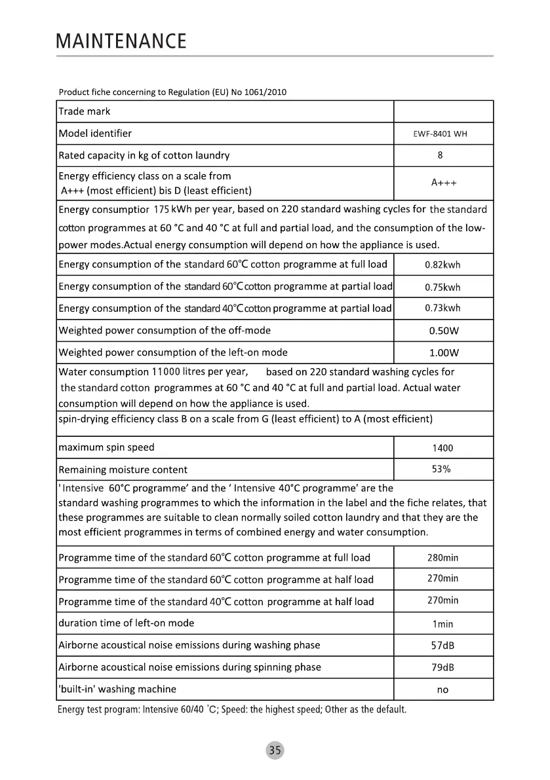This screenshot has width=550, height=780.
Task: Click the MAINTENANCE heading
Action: [x=122, y=42]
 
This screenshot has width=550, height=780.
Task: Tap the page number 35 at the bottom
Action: [x=275, y=751]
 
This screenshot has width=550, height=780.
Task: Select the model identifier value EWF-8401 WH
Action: [x=442, y=134]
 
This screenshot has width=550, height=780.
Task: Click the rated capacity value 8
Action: [x=440, y=156]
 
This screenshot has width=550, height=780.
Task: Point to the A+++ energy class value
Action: [x=443, y=183]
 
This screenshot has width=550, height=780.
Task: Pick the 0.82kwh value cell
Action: [x=442, y=265]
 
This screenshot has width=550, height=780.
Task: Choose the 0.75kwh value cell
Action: [x=442, y=288]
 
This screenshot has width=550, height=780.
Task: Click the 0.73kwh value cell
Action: [x=442, y=308]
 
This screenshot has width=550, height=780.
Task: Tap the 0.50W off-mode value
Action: [x=443, y=331]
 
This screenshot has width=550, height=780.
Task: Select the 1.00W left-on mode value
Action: [x=443, y=353]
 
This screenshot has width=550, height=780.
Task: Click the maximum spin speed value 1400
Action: [x=442, y=448]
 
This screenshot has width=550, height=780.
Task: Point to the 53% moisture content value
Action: [x=441, y=469]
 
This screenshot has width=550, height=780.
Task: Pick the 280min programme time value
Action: [x=442, y=558]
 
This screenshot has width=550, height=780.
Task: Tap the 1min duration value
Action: [x=442, y=624]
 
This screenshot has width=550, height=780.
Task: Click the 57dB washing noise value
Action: [x=442, y=646]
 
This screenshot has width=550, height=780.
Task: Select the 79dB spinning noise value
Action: [x=442, y=667]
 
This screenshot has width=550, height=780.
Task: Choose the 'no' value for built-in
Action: [x=442, y=690]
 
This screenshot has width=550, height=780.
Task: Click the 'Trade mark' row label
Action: [x=85, y=112]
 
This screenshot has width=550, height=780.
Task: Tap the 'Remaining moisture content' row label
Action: [x=123, y=470]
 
